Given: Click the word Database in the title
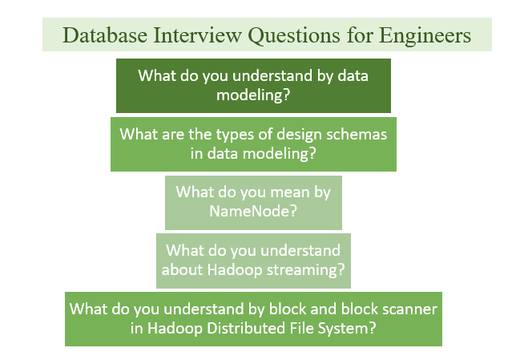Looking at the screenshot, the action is click(105, 34).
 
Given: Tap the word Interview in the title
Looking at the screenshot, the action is click(197, 34).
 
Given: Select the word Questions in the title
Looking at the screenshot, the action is click(294, 35).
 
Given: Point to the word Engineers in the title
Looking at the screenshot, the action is click(425, 36).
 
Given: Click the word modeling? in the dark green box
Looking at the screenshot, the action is click(253, 95).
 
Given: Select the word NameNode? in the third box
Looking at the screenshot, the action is click(253, 211).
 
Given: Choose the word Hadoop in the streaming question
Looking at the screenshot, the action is click(235, 270).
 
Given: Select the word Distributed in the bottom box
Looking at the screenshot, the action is click(246, 328).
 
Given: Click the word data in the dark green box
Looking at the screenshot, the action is click(353, 76).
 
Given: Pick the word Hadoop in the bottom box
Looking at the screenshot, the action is click(175, 329).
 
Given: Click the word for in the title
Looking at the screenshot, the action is click(360, 34).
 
